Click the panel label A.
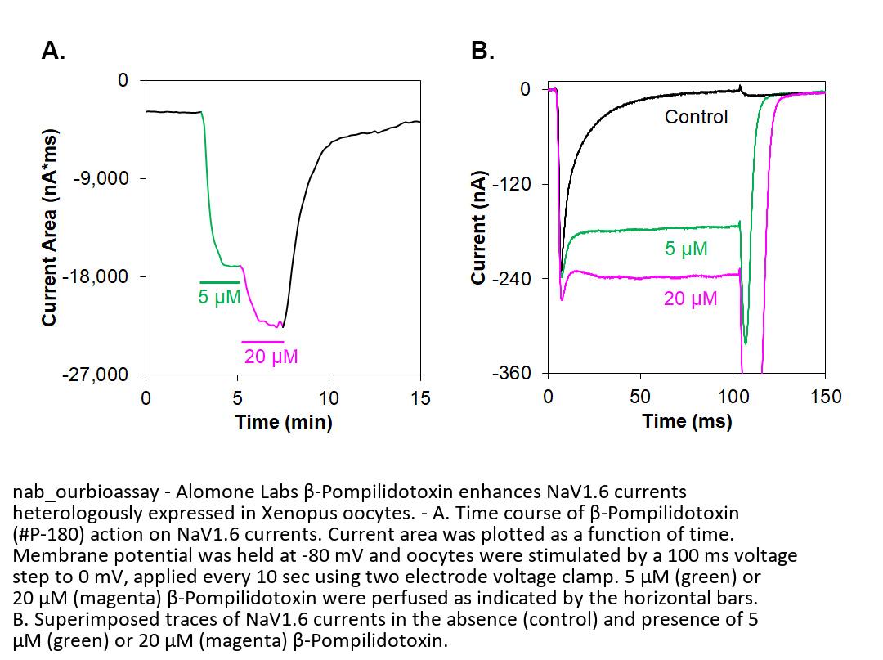coord(53,52)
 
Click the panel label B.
coord(482,52)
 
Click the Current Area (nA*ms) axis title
coord(50,227)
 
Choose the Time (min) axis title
coord(283,422)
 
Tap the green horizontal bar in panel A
coord(219,282)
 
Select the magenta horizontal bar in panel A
coord(262,342)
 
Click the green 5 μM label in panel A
coord(219,297)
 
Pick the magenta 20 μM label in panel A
coord(271,357)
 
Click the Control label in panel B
coord(696,117)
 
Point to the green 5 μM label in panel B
coord(686,249)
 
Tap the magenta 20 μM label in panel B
coord(690,299)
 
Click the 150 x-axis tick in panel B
coord(825,397)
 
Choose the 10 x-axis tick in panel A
coord(329,398)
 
